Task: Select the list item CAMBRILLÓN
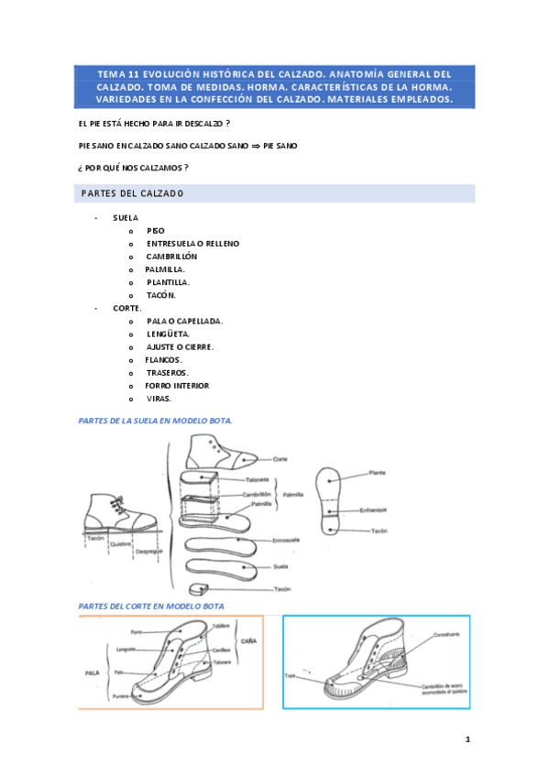[x=171, y=257]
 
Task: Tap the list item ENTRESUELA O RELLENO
[x=192, y=244]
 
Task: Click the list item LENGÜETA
[x=169, y=334]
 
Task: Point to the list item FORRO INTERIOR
[x=177, y=386]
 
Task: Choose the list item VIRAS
[x=159, y=399]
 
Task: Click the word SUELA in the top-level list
[x=126, y=218]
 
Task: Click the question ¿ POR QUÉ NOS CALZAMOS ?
[x=134, y=168]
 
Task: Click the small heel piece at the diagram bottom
[x=196, y=586]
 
